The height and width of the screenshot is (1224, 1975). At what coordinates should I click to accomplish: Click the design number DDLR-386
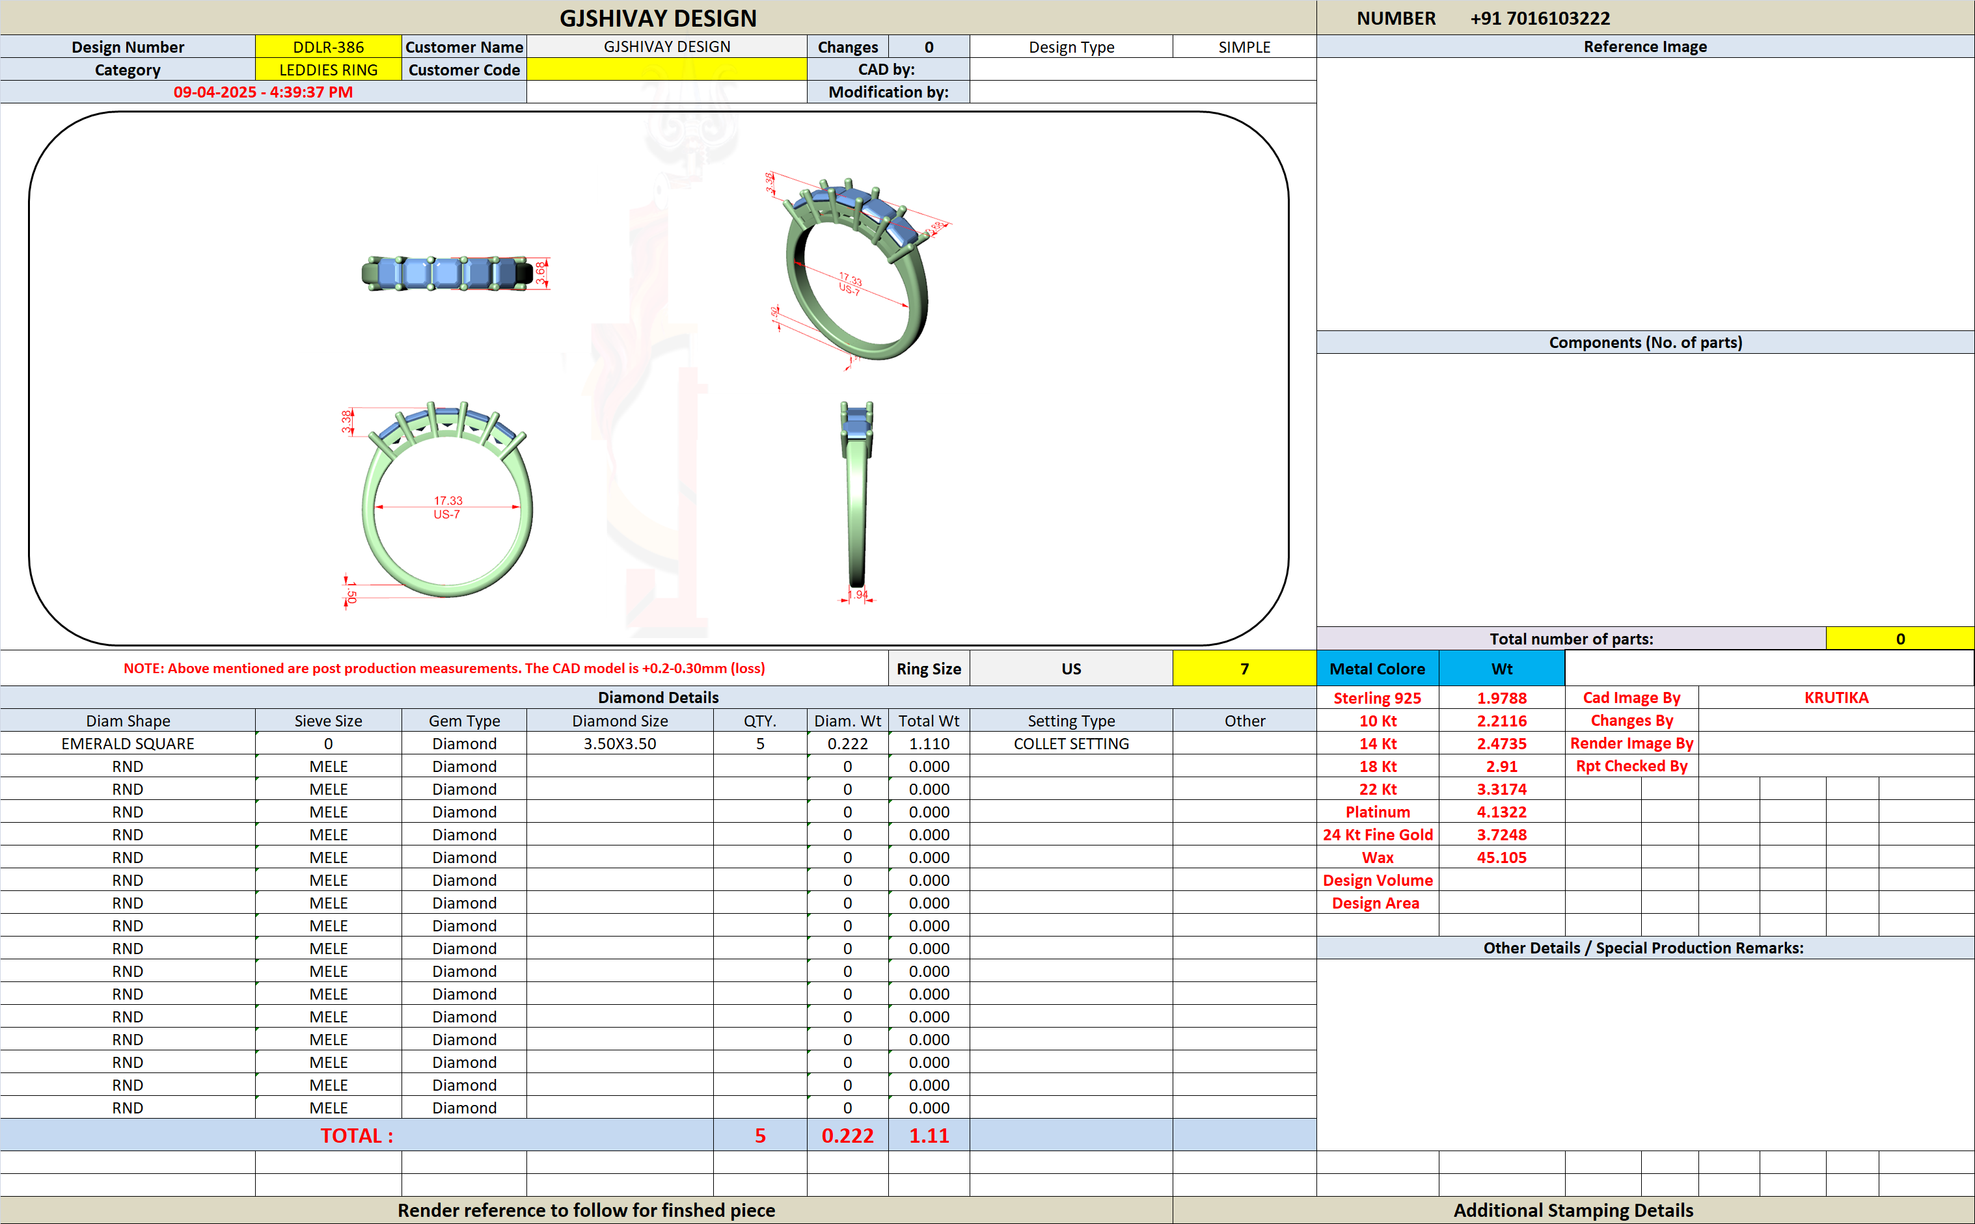pos(328,47)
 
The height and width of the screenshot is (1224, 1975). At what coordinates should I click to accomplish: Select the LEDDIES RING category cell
pos(328,70)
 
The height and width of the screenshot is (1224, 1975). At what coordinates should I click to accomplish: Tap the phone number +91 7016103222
pos(1540,18)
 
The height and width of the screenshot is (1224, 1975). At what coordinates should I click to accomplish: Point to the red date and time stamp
pos(263,92)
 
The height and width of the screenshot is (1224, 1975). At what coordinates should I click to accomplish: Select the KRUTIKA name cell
pos(1836,698)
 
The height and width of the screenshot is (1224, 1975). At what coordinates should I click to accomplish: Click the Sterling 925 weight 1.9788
pos(1501,698)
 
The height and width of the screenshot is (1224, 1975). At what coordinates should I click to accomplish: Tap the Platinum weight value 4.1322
pos(1501,812)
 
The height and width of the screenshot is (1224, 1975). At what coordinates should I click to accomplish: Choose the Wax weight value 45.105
pos(1501,857)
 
